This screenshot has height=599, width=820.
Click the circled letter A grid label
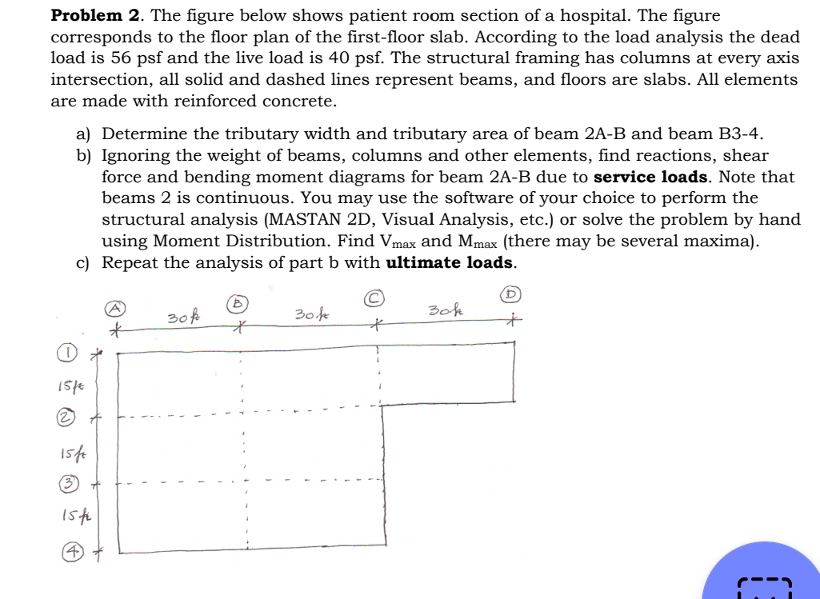116,306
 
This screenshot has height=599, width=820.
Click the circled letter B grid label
236,302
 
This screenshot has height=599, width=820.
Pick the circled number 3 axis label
71,483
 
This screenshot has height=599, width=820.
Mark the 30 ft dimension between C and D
445,309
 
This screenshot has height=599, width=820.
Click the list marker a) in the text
85,134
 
